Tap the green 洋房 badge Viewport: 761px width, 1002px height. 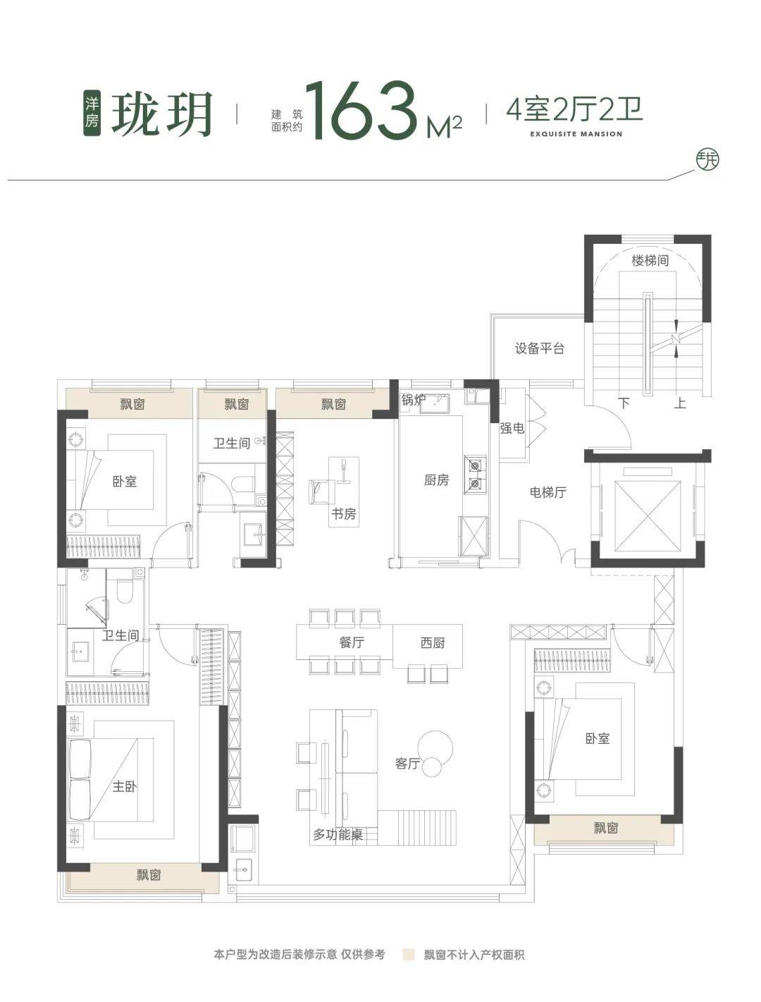click(x=92, y=113)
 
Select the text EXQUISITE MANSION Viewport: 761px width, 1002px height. click(x=576, y=134)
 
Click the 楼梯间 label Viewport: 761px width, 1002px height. click(x=650, y=261)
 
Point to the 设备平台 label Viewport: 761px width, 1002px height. click(x=540, y=348)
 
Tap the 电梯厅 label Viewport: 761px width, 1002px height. click(x=547, y=492)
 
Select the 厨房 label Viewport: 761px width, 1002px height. click(x=436, y=479)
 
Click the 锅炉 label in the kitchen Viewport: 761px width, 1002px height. click(x=413, y=401)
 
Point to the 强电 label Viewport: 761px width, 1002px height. click(x=512, y=428)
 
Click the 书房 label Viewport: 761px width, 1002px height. click(x=343, y=514)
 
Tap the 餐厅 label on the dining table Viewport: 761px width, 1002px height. click(x=352, y=642)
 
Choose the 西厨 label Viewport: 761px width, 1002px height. click(x=432, y=643)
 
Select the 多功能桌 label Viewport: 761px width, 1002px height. click(x=338, y=835)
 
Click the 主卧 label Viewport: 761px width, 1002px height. click(x=125, y=786)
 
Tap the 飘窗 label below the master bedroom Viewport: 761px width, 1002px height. click(x=149, y=874)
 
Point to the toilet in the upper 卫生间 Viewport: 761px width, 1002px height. click(x=244, y=484)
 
